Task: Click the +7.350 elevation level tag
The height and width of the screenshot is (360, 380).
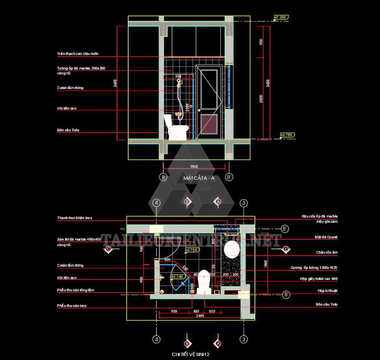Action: pos(280,17)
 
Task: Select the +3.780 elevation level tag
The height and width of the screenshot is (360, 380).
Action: pos(286,135)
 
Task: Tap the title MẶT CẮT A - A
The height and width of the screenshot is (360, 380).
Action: pos(199,178)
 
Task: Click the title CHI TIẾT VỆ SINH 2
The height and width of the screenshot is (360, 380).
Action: pos(190,354)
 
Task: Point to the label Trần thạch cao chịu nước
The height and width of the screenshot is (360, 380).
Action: pos(78,54)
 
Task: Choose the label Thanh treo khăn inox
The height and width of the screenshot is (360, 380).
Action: pos(75,218)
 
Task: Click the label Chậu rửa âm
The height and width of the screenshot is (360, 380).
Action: pos(327,252)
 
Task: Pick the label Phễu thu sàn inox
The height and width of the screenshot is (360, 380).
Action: pos(72,305)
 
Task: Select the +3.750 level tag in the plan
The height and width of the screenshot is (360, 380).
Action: pos(191,250)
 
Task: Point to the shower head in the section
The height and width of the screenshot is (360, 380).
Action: pos(180,82)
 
